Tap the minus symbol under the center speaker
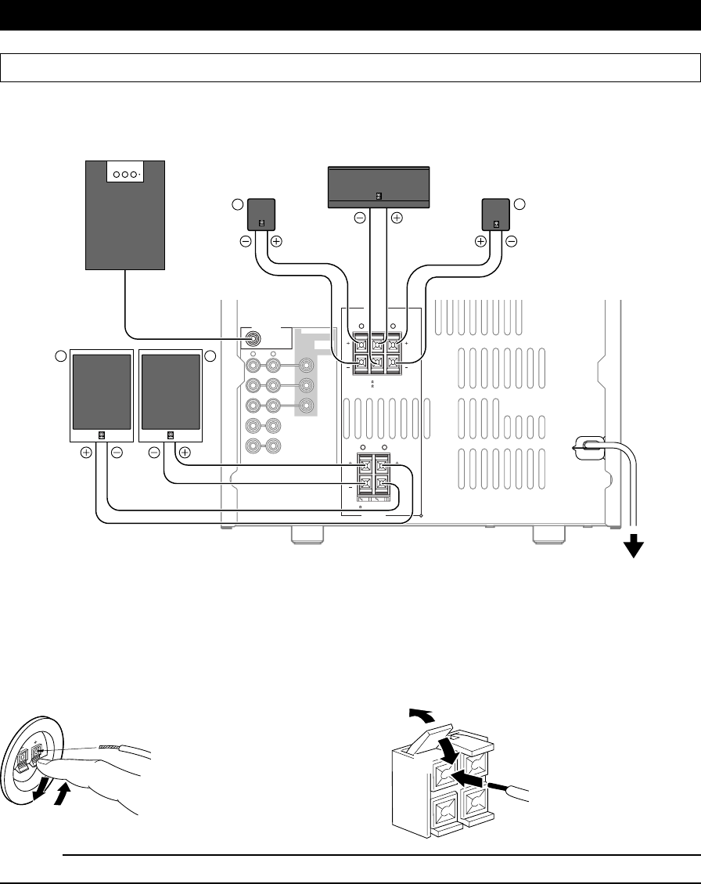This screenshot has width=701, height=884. point(360,218)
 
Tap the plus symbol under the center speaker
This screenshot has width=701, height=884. point(397,218)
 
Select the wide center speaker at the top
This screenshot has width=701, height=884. point(378,187)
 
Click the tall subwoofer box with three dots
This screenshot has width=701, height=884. point(125,215)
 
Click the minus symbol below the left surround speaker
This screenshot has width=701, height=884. point(246,241)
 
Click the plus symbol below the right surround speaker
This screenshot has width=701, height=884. point(481,241)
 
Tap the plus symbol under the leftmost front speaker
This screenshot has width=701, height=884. point(86,452)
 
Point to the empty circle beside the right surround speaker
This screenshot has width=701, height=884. point(520,204)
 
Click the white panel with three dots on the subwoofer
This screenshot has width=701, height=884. point(125,173)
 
